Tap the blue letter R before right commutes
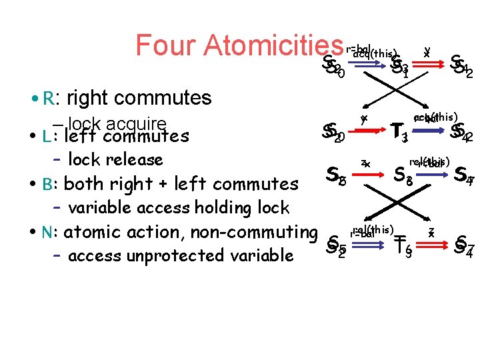[47, 99]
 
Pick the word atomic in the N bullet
[89, 233]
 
